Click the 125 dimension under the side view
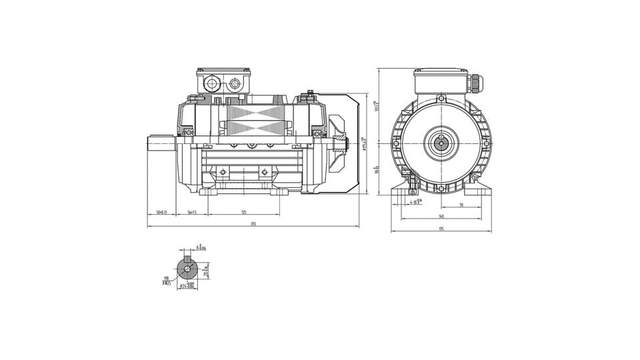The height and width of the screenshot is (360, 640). (x=244, y=212)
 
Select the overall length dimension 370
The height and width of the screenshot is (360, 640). (x=253, y=224)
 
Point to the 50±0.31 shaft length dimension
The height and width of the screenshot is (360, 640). (x=161, y=212)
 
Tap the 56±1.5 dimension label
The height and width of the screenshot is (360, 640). (x=191, y=212)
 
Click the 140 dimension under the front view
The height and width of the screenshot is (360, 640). (x=441, y=217)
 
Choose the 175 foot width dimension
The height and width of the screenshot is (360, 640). (x=441, y=229)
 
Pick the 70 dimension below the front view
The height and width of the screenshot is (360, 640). (x=461, y=205)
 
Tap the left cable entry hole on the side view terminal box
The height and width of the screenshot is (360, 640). (x=212, y=83)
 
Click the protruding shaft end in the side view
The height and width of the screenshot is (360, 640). (x=160, y=143)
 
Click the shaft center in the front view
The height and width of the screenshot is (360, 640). (x=441, y=143)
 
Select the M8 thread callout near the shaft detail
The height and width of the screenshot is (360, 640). (x=165, y=280)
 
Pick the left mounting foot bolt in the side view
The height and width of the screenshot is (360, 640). (x=223, y=173)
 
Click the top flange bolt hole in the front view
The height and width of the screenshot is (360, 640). (x=441, y=99)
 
